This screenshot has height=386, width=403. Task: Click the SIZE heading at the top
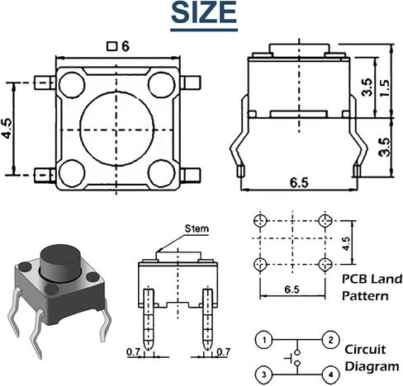204,12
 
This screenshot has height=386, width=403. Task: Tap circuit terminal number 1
264,340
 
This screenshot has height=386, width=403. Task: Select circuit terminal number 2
330,340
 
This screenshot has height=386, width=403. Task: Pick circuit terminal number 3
264,374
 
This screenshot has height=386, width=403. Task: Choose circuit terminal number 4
330,374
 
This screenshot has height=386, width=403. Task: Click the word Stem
197,228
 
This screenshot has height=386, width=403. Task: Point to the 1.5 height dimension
384,88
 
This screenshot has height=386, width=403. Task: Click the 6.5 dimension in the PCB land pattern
292,289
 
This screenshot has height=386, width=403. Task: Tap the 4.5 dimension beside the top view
7,129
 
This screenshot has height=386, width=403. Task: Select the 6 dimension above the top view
126,46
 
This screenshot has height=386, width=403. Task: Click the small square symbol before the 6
111,46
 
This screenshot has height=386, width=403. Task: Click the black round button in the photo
60,263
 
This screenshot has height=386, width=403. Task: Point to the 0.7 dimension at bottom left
133,352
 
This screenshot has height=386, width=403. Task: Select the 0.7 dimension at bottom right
223,351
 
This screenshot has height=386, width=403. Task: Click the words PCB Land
372,280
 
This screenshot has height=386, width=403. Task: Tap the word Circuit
365,350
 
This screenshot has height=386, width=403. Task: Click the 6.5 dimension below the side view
299,183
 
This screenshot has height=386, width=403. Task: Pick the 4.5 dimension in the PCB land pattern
346,243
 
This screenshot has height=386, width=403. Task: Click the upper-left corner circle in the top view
72,85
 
